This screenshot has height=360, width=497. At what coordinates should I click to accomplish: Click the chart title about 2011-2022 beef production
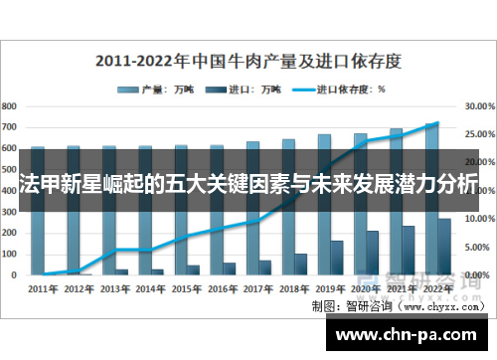[248, 60]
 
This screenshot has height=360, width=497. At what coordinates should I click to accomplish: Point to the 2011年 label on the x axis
[43, 288]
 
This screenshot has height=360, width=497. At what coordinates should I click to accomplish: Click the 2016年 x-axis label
[223, 288]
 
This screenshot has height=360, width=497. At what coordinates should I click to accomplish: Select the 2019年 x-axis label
[331, 288]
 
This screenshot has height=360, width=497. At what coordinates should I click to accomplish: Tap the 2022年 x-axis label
[437, 288]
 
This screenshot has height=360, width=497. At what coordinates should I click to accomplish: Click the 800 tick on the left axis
[10, 104]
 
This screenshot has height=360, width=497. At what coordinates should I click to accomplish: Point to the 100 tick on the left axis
[10, 253]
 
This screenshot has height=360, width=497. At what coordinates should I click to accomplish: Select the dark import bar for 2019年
[336, 257]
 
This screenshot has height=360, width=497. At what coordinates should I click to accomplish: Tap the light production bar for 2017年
[253, 209]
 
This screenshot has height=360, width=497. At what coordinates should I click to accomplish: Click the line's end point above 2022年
[437, 123]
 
